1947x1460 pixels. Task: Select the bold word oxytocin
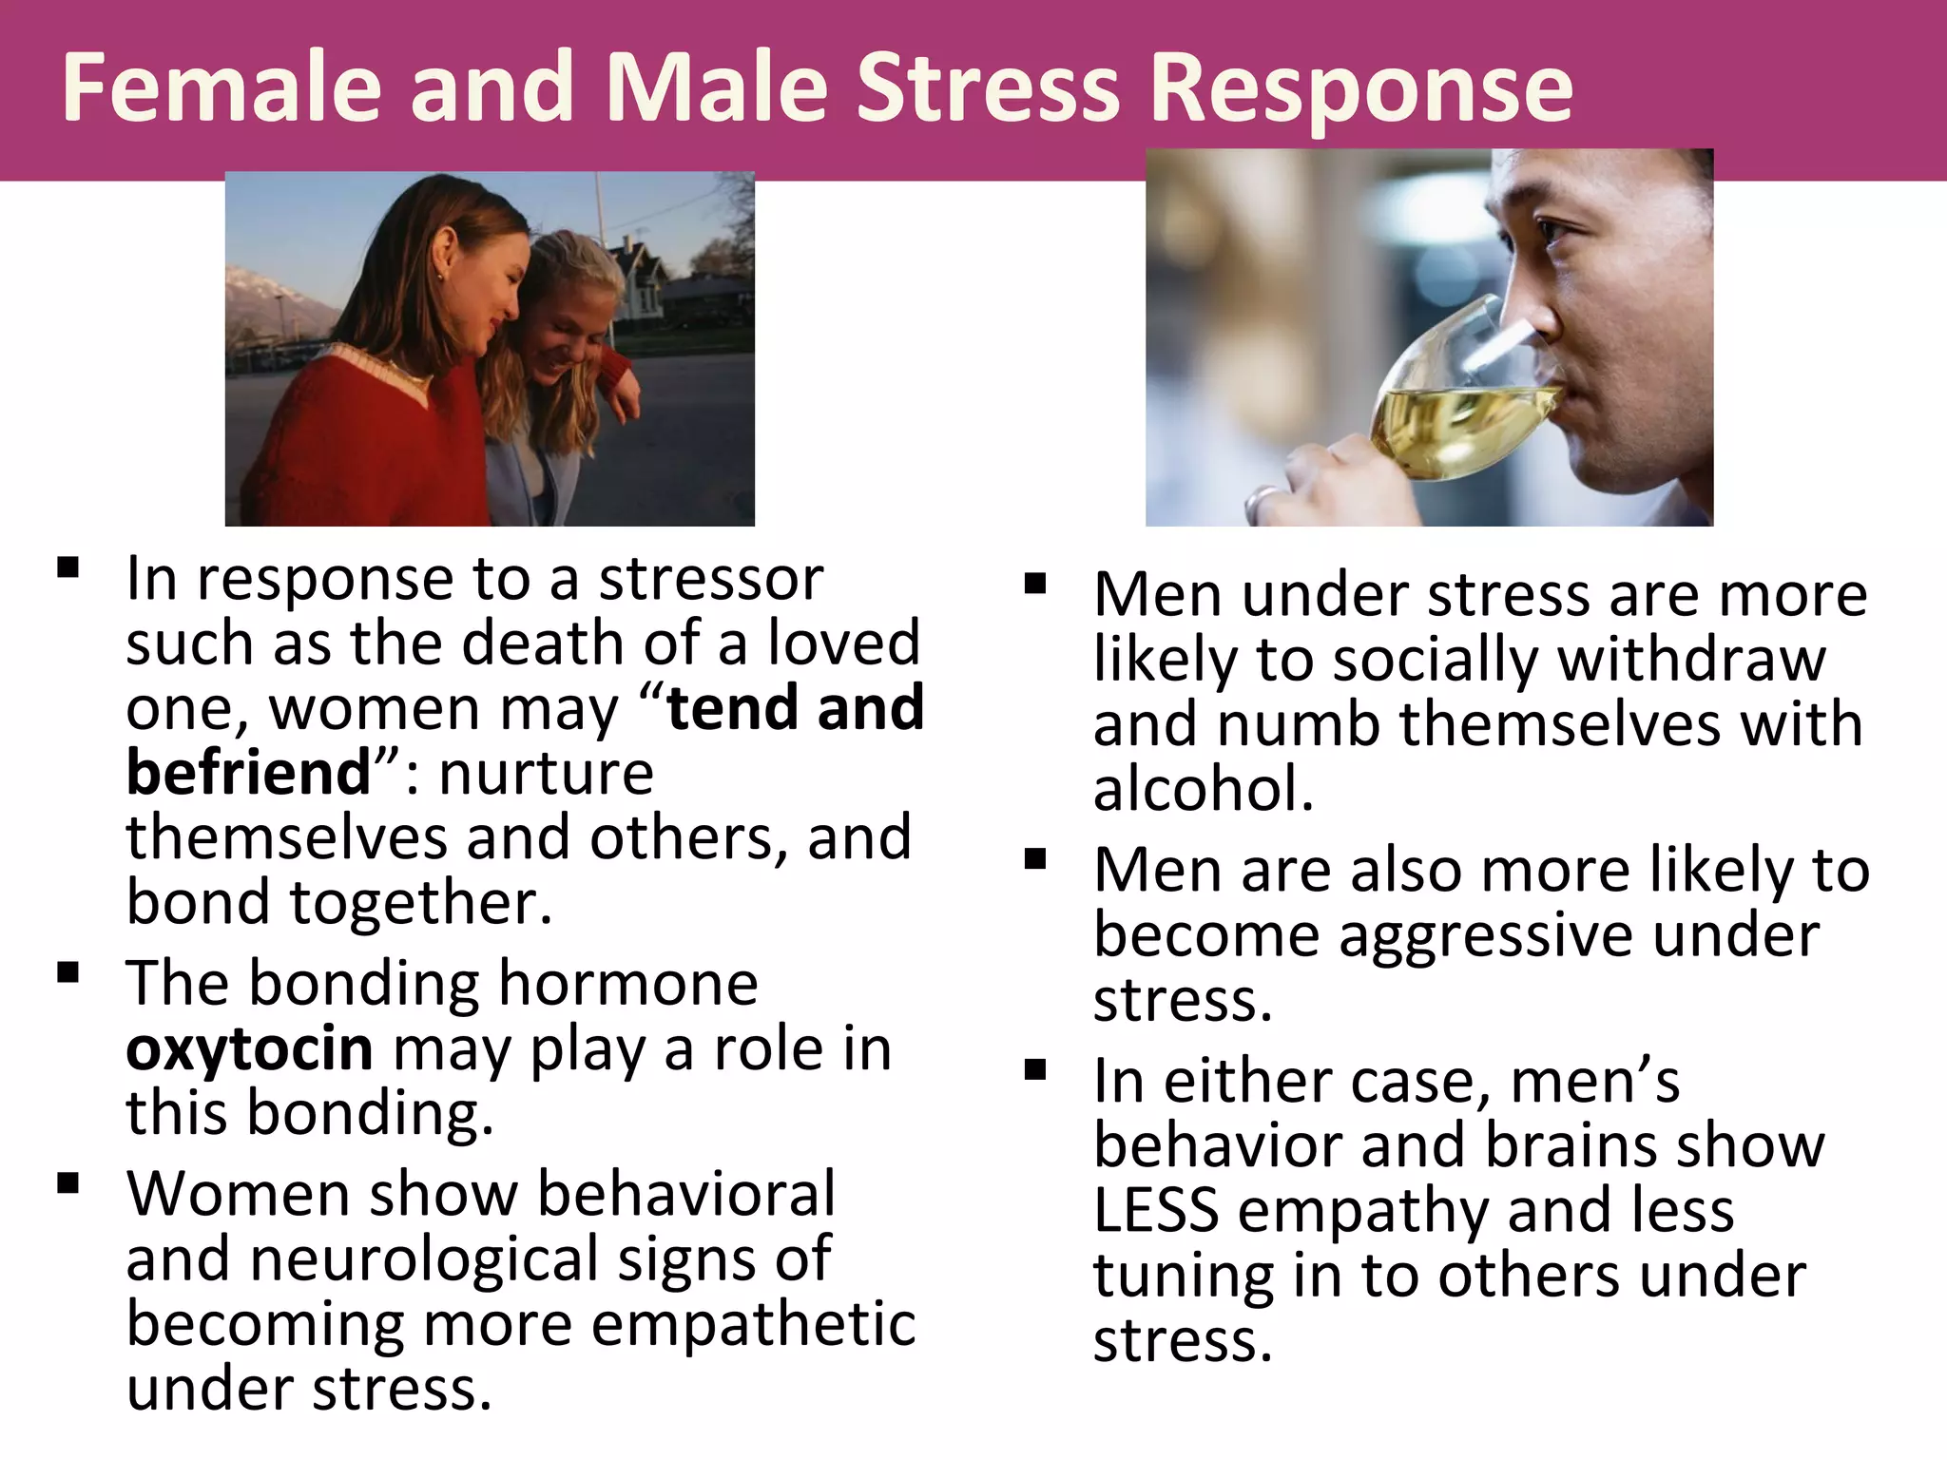(x=249, y=1049)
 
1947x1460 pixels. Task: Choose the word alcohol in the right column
(x=1203, y=789)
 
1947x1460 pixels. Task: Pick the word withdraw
(x=1692, y=659)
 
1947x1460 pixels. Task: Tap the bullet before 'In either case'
(x=1035, y=1070)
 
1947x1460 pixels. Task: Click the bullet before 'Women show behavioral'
(x=67, y=1183)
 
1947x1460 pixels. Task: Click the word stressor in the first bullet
(x=710, y=579)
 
